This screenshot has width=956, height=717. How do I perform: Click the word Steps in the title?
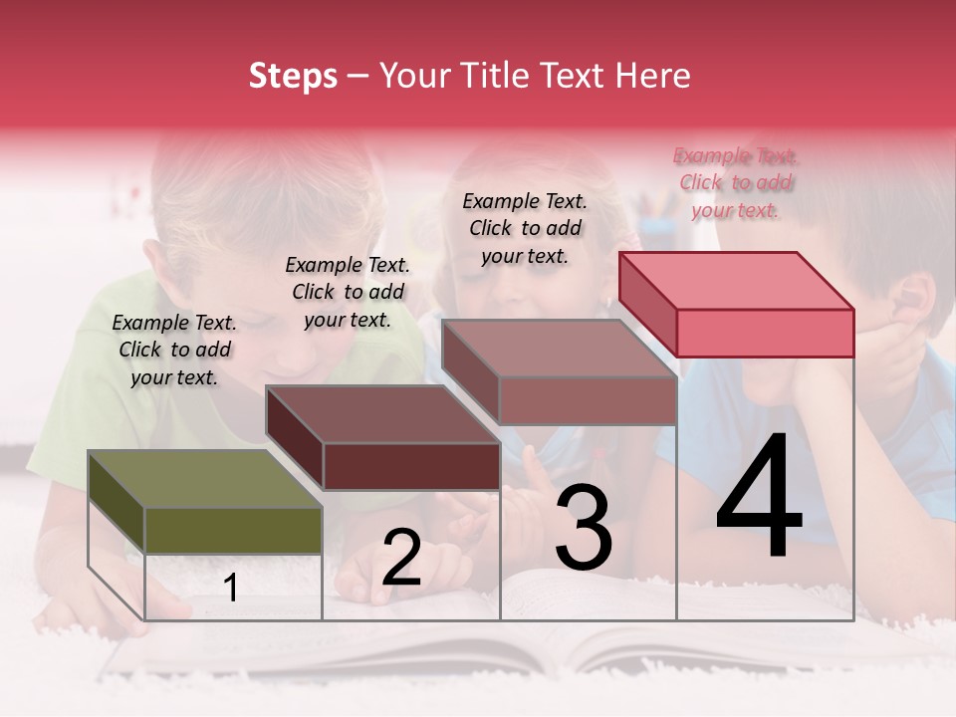293,76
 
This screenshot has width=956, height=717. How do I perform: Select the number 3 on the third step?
583,529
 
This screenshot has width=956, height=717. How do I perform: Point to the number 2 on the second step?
401,559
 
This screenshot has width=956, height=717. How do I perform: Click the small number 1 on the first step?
231,589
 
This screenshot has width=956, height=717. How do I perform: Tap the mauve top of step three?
558,349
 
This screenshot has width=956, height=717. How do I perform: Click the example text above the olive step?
174,350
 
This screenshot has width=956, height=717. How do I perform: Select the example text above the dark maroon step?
348,292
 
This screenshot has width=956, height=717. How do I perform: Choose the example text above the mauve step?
525,228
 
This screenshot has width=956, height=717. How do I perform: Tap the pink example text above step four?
736,182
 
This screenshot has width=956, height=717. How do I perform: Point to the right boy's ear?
912,300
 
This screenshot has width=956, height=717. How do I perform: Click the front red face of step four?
765,333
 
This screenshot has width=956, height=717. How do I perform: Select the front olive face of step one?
233,530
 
